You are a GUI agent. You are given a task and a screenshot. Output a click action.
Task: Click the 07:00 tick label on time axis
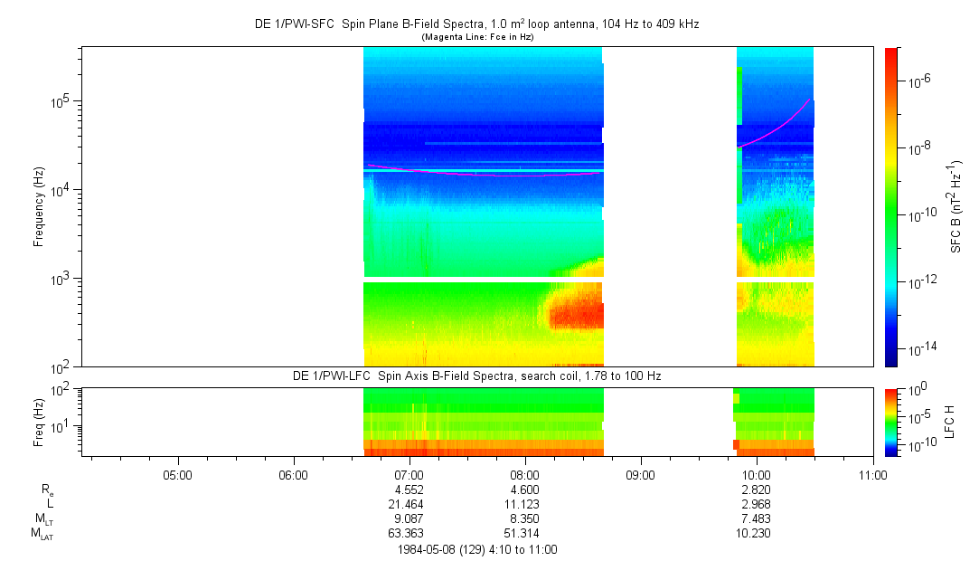(409, 473)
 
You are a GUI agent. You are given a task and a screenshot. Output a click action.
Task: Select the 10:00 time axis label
(756, 473)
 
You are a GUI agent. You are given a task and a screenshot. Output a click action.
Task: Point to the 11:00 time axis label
(871, 473)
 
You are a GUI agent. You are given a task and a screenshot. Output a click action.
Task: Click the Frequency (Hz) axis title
(39, 206)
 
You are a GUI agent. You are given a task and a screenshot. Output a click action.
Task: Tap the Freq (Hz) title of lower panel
(39, 421)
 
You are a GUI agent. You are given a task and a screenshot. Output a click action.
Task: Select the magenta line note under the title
(476, 36)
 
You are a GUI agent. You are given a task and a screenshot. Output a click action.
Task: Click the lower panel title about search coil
(476, 376)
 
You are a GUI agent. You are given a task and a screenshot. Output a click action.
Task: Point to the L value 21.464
(409, 502)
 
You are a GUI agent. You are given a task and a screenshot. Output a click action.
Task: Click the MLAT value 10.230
(756, 533)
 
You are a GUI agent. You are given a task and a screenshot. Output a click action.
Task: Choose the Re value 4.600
(525, 489)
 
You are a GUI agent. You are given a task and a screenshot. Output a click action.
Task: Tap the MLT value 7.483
(756, 518)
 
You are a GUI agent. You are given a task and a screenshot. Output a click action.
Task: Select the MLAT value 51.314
(525, 533)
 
